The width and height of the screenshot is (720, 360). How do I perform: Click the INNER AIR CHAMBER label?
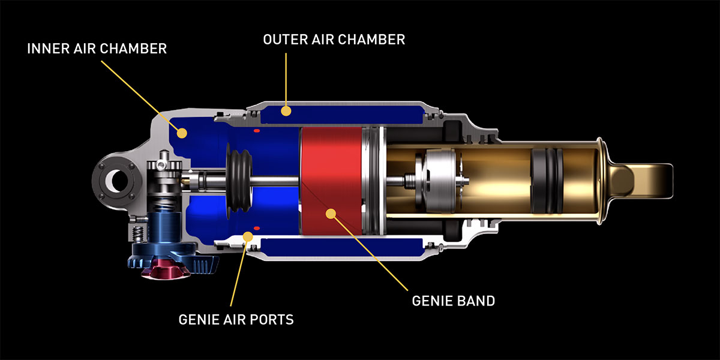pyautogui.click(x=97, y=49)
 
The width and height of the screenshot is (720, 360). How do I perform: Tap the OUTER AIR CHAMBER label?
pyautogui.click(x=334, y=40)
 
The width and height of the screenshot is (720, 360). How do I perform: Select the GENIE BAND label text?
pyautogui.click(x=454, y=301)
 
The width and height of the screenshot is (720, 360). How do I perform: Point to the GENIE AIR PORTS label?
pyautogui.click(x=236, y=319)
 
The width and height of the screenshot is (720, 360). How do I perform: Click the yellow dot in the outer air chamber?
pyautogui.click(x=287, y=110)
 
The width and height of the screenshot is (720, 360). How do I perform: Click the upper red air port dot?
pyautogui.click(x=256, y=130)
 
